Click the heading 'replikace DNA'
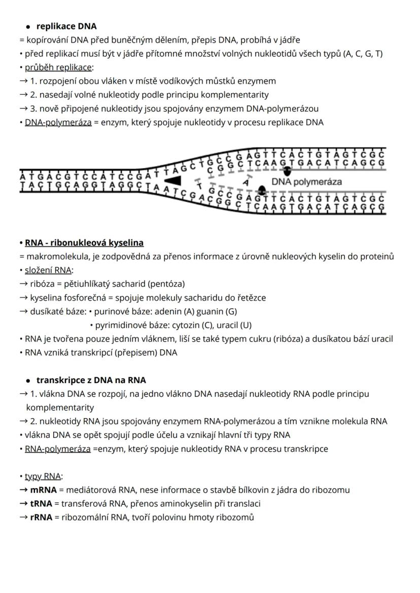[66, 26]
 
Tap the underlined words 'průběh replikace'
[58, 67]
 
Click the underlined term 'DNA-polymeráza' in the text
[58, 122]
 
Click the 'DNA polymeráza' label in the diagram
[306, 181]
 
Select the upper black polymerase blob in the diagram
[287, 171]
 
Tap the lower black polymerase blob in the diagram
[262, 190]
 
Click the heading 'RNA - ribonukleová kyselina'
[84, 243]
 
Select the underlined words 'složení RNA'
[48, 270]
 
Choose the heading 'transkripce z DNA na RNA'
[91, 380]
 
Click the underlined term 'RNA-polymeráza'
[58, 449]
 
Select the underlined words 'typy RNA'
[43, 476]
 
